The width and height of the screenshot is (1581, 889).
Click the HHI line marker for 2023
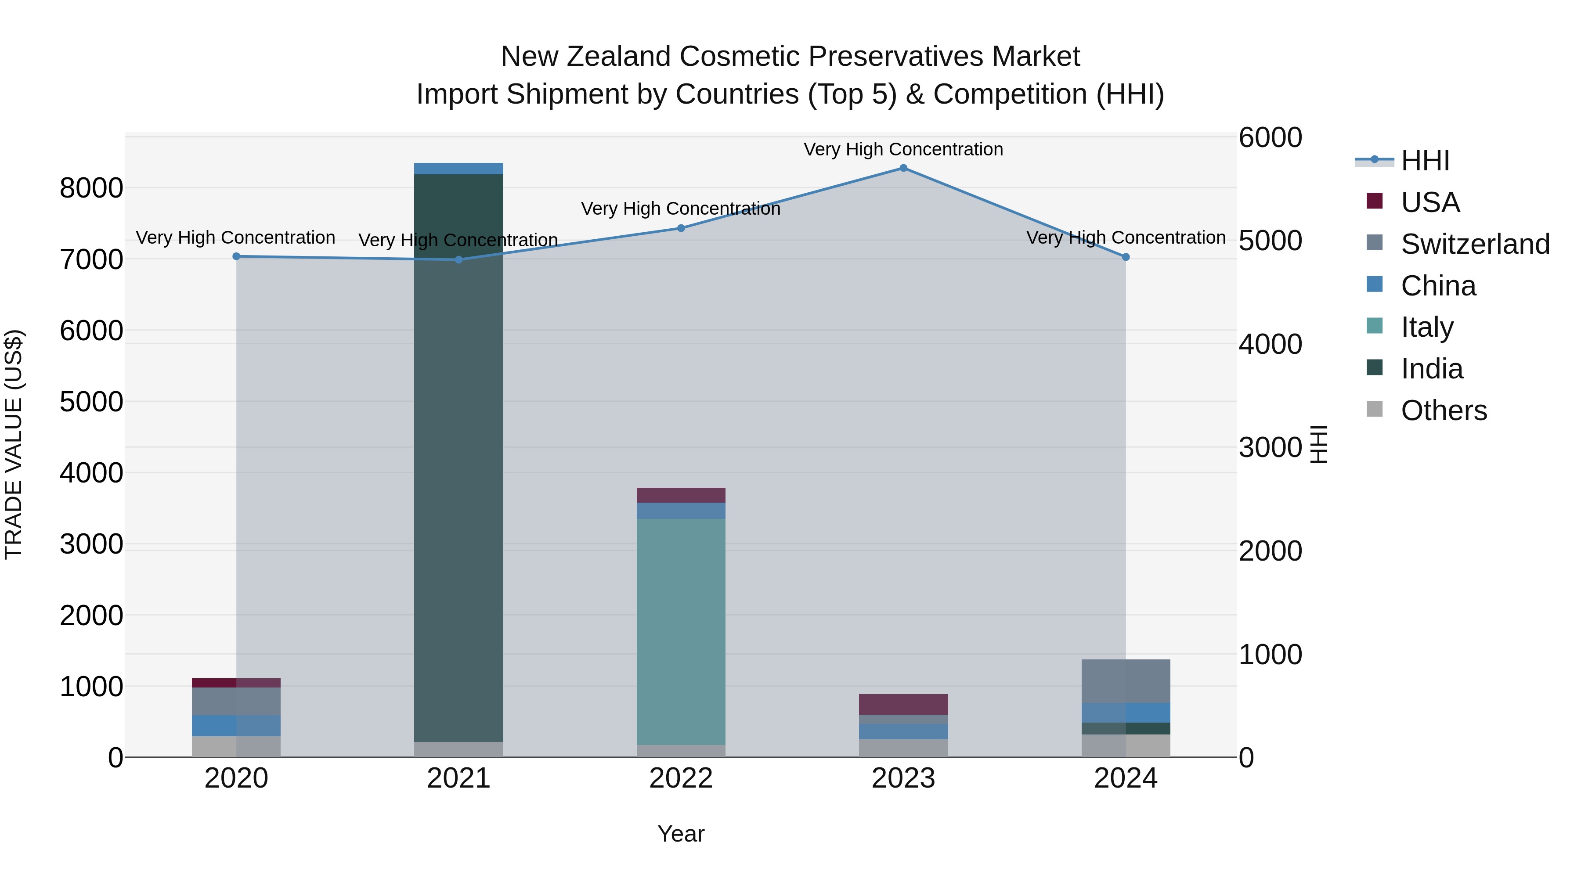coord(903,168)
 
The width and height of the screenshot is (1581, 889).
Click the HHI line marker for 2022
coord(681,228)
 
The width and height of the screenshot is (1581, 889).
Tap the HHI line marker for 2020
coord(236,256)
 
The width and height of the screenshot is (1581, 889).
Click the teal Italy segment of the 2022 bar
coord(681,632)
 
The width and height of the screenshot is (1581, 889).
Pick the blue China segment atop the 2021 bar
coord(458,169)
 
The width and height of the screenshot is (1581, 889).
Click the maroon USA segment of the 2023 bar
coord(903,704)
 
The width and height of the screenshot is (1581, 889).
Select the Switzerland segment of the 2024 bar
coord(1126,681)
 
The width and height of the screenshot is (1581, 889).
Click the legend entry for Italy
coord(1426,327)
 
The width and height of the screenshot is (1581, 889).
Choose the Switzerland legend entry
coord(1475,244)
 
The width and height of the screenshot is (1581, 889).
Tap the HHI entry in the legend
coord(1425,161)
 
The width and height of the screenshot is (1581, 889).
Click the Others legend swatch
coord(1375,409)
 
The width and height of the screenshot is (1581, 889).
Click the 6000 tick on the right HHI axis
coord(1270,137)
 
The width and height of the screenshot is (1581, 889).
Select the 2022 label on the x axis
coord(681,778)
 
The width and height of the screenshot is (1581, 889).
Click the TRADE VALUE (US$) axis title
coord(14,444)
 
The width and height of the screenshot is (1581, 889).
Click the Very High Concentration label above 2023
coord(903,149)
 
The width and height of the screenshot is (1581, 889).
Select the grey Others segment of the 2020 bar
coord(236,747)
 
